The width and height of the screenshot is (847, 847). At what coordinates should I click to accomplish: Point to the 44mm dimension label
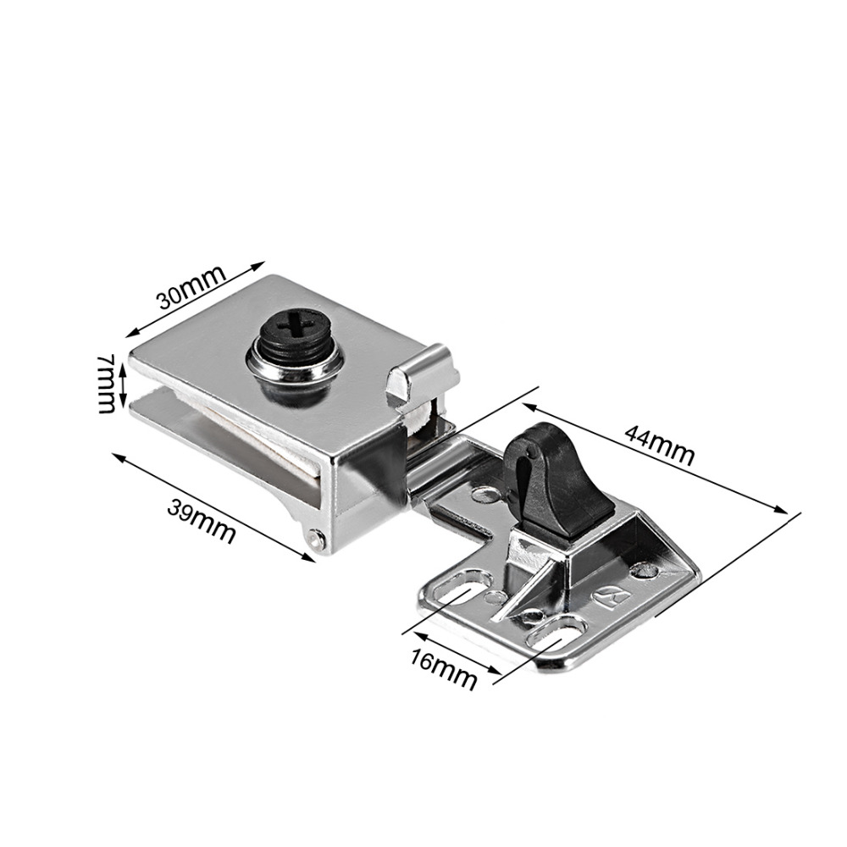[x=659, y=443]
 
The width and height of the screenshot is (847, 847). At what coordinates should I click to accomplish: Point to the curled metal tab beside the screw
[x=421, y=372]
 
